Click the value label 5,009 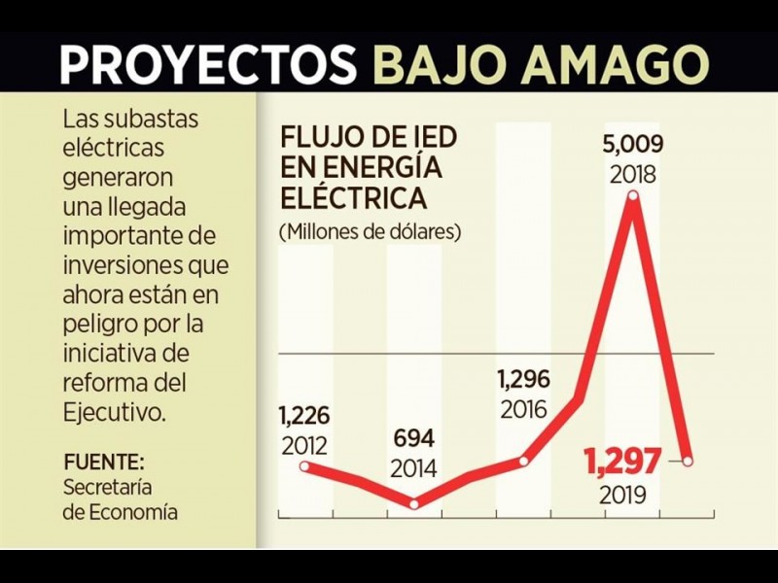pos(632,146)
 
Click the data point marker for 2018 pos(634,197)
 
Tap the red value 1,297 pos(622,461)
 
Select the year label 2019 pos(622,495)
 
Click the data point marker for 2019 pos(688,461)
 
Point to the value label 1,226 pos(303,417)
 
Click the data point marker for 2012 pos(305,466)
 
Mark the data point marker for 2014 pos(414,503)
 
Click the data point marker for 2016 pos(525,460)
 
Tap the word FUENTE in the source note pos(100,461)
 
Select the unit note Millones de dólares pos(369,233)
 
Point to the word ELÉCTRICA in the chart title pos(353,197)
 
